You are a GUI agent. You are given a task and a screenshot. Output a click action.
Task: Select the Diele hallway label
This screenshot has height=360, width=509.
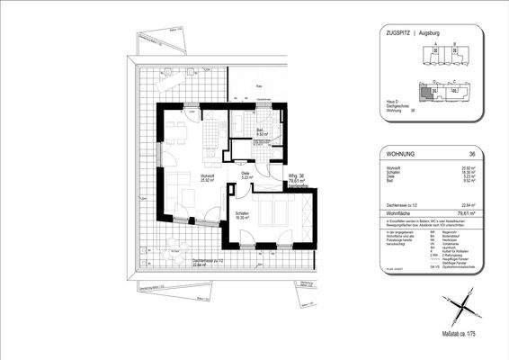pyautogui.click(x=246, y=176)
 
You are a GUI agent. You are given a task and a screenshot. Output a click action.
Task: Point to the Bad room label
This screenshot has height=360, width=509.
pyautogui.click(x=259, y=132)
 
